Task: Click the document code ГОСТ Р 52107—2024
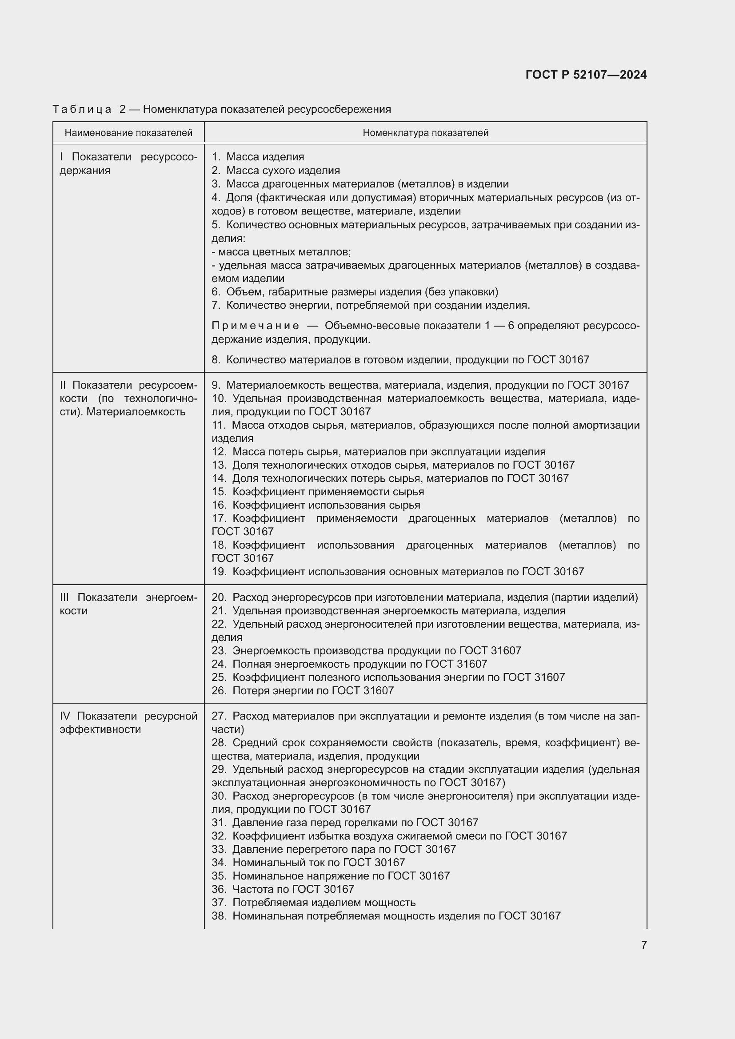coord(586,75)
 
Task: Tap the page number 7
coord(643,945)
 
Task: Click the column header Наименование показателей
coord(128,132)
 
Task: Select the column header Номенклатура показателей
coord(425,132)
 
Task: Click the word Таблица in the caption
coord(82,109)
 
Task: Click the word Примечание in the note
coord(255,326)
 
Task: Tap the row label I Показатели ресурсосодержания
coord(128,163)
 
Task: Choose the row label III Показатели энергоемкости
coord(128,604)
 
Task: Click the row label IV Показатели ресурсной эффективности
coord(128,722)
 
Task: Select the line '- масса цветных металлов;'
coord(281,251)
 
